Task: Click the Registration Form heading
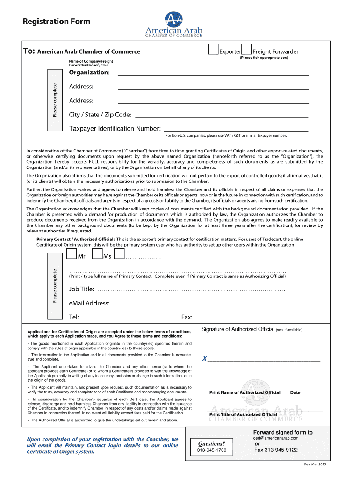point(50,22)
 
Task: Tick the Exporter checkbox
point(213,49)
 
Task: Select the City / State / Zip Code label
point(100,115)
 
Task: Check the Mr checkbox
point(72,254)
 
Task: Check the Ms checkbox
point(97,254)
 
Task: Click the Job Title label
point(82,290)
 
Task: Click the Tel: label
point(74,318)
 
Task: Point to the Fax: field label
point(187,318)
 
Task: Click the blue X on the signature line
point(204,359)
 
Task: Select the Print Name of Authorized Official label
point(245,392)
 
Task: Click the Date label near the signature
point(295,392)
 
